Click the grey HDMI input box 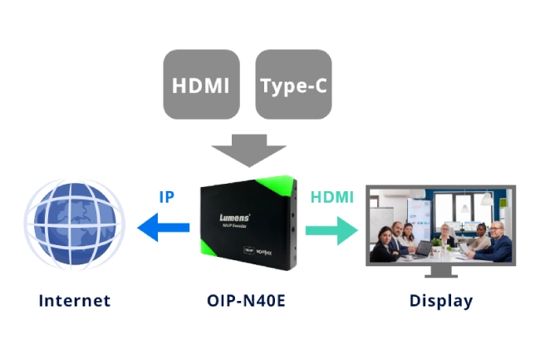(x=202, y=86)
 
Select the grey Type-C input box (x=293, y=86)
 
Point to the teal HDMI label (x=331, y=198)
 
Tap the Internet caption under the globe (x=74, y=300)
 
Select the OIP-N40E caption (x=246, y=300)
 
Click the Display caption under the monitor (x=440, y=300)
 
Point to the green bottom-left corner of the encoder (x=211, y=253)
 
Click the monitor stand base (x=440, y=277)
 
